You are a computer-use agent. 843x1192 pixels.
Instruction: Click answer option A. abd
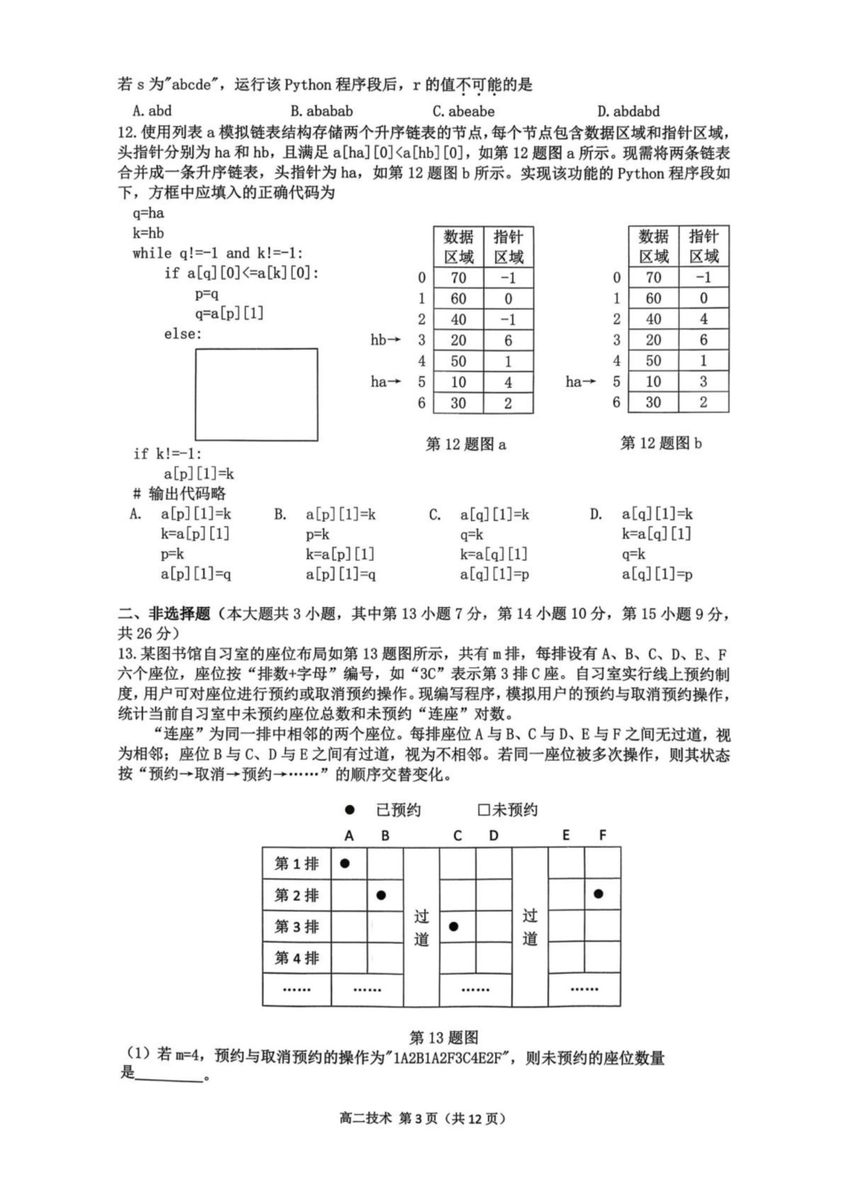coord(152,111)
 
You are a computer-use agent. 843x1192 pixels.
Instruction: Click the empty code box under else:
coord(256,394)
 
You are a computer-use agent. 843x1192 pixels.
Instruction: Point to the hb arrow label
coord(385,340)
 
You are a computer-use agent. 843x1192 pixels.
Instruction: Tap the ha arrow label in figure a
coord(385,382)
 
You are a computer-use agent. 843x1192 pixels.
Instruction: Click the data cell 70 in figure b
coord(653,277)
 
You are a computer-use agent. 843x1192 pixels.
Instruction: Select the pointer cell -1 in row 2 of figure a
coord(508,320)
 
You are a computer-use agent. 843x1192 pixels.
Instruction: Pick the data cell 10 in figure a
coord(458,382)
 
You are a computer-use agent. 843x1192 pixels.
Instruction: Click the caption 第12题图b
coord(661,443)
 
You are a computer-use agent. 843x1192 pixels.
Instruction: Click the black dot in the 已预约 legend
coord(350,809)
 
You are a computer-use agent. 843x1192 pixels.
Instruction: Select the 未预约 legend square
coord(484,809)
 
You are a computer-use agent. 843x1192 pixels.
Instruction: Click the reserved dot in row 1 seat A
coord(345,863)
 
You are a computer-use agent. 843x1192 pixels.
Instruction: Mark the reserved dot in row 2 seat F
coord(599,894)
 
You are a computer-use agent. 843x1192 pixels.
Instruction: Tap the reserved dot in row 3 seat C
coord(453,927)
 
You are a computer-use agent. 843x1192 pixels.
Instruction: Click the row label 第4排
coord(296,958)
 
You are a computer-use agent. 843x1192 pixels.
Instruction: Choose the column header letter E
coord(566,835)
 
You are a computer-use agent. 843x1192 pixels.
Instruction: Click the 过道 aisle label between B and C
coord(421,927)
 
